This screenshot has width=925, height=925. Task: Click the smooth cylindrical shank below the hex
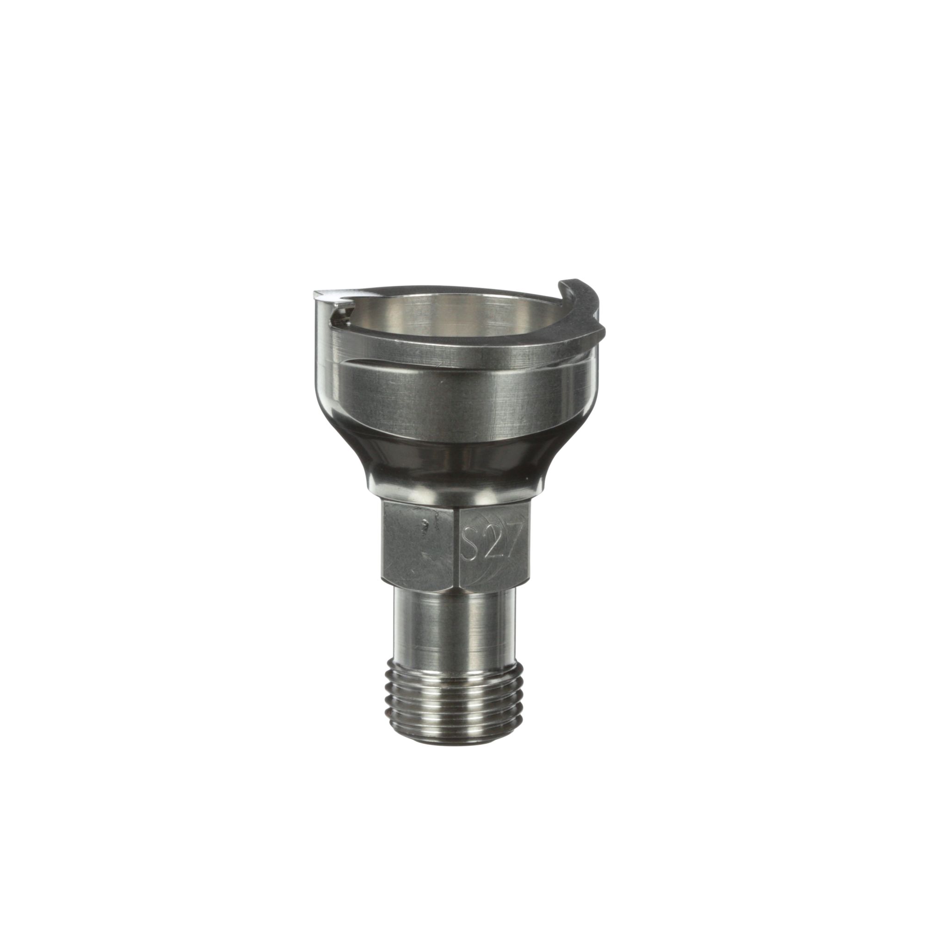pos(455,623)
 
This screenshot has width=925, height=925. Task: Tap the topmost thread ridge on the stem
pos(455,663)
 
